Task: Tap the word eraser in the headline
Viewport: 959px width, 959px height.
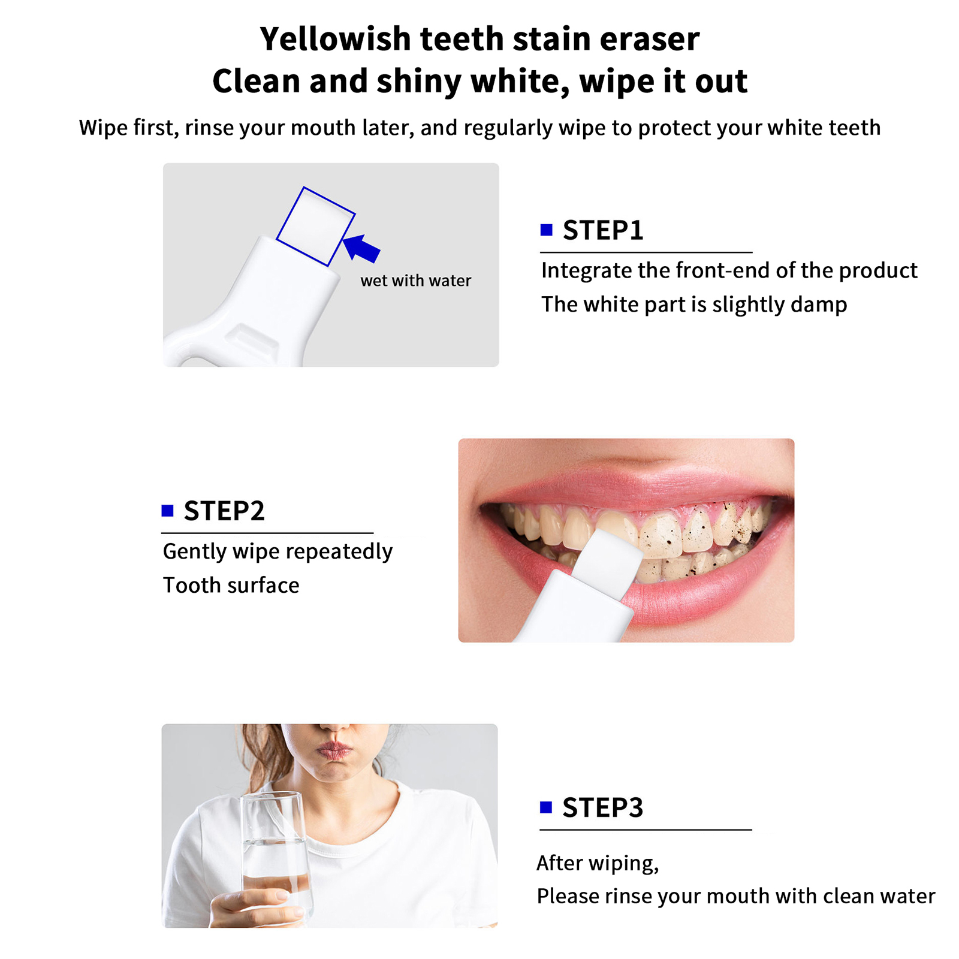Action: [650, 40]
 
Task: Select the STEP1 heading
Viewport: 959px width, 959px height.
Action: [603, 231]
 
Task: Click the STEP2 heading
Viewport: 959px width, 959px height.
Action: [224, 511]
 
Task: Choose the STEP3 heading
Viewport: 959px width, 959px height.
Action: [603, 808]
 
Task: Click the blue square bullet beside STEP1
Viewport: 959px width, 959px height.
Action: [546, 230]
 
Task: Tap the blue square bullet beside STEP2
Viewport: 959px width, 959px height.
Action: [167, 511]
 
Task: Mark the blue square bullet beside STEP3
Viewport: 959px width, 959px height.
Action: [545, 807]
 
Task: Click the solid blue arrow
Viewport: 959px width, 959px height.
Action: [361, 248]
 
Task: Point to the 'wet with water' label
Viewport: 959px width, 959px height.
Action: [416, 281]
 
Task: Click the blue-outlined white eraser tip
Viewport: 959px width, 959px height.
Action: [316, 227]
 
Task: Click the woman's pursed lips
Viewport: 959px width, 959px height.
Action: [333, 750]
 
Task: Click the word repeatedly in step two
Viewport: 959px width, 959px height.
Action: [342, 552]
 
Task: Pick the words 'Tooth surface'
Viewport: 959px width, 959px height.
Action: [231, 586]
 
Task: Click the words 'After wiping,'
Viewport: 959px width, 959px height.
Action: [598, 864]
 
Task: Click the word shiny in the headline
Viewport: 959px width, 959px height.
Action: [419, 82]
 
